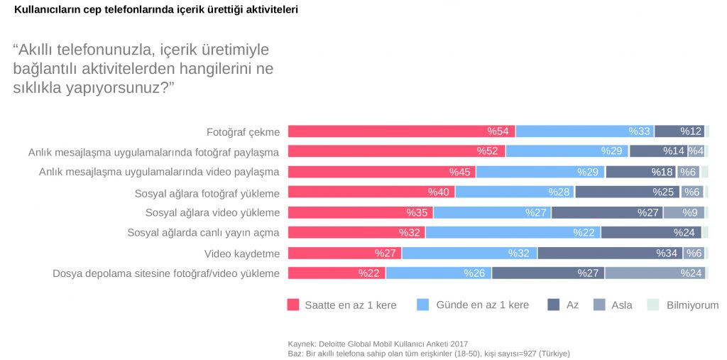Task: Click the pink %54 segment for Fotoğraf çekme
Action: click(x=401, y=131)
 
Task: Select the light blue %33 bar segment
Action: click(x=585, y=131)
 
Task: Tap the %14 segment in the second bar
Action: click(x=658, y=151)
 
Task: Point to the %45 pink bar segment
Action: click(x=381, y=172)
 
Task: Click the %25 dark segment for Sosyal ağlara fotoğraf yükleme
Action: click(x=628, y=192)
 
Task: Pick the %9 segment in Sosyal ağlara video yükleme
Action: click(x=684, y=212)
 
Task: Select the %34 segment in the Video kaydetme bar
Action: click(x=610, y=253)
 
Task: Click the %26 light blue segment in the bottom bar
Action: click(x=439, y=273)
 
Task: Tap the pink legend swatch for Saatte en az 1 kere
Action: click(x=293, y=305)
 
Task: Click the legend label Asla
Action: click(x=621, y=305)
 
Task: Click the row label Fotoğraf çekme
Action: click(x=243, y=132)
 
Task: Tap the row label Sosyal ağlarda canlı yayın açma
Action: click(x=203, y=233)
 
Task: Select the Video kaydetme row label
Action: click(x=241, y=253)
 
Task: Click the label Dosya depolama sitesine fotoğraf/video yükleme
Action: click(x=166, y=273)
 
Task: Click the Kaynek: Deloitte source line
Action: click(x=378, y=343)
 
